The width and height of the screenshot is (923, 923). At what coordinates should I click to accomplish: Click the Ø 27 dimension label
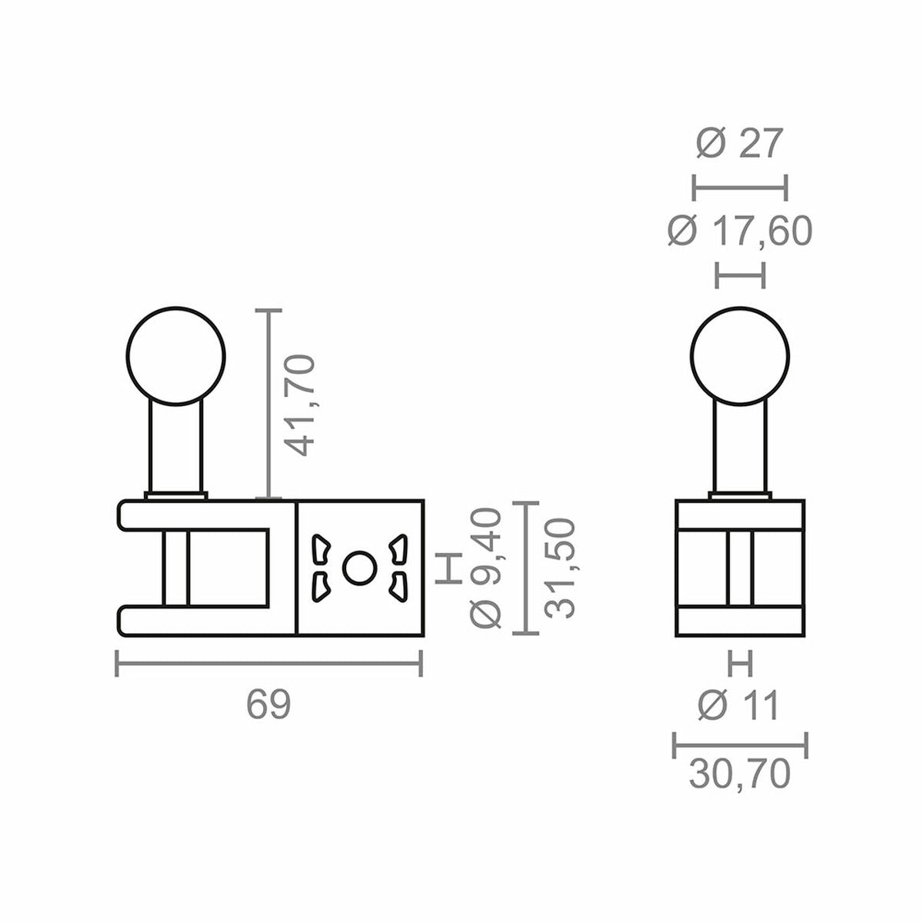(739, 144)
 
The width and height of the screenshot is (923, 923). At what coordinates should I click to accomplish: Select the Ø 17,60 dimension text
(739, 232)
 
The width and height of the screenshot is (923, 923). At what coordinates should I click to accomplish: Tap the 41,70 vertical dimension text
(298, 405)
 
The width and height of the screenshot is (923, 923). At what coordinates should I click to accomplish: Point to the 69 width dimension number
(268, 705)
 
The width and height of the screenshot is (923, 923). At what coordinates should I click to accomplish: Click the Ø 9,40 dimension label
(488, 568)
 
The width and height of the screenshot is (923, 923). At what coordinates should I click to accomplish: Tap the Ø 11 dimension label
(739, 705)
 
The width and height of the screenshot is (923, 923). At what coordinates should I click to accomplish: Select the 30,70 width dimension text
(739, 775)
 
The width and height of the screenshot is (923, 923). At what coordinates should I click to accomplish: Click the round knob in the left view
(176, 356)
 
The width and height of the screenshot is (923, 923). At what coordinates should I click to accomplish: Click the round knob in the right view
(740, 356)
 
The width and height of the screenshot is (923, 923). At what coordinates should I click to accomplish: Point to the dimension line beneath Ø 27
(740, 187)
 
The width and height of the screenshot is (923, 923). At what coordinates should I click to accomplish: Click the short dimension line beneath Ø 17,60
(740, 275)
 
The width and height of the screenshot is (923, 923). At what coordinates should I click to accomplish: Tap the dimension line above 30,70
(740, 745)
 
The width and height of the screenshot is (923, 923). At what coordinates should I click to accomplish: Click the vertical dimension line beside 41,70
(268, 405)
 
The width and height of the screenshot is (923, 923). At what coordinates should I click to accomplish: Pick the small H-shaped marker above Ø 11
(740, 663)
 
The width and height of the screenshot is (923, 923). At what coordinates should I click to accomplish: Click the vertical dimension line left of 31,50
(525, 568)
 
